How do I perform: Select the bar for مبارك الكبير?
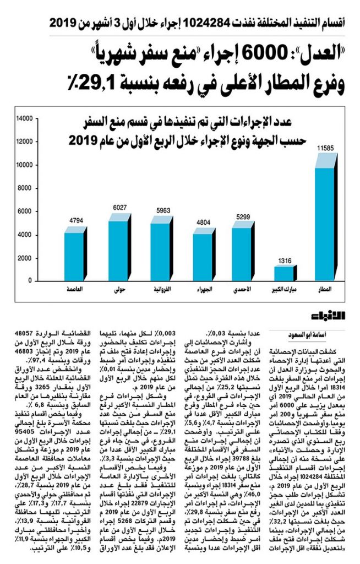click(x=285, y=273)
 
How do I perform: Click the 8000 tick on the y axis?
click(x=28, y=188)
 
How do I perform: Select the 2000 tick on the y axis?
click(x=28, y=258)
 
